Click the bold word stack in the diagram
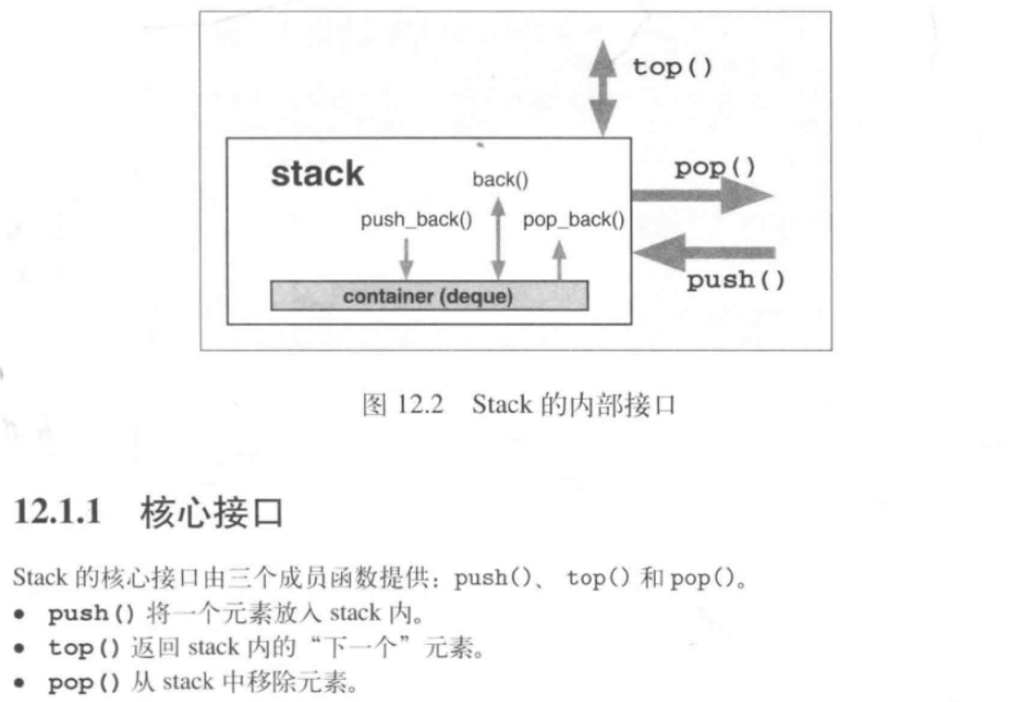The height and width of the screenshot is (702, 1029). [x=317, y=174]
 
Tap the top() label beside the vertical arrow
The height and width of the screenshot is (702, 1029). [x=672, y=68]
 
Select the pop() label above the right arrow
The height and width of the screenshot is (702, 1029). [x=715, y=168]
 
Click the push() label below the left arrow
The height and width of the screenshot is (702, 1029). [x=736, y=281]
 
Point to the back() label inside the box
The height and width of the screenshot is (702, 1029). [x=500, y=180]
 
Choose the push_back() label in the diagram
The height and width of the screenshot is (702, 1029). [x=416, y=220]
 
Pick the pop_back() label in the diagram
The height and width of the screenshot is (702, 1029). [x=573, y=220]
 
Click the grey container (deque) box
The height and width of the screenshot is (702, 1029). [x=428, y=296]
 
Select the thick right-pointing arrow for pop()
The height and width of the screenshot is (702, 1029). [x=701, y=196]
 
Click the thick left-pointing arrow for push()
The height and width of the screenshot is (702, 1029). [x=704, y=253]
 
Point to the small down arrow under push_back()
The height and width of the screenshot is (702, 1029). [x=406, y=258]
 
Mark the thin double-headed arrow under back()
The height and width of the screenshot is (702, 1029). [x=498, y=238]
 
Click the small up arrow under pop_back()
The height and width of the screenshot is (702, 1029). [x=558, y=261]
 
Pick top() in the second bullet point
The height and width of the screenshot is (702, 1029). [x=84, y=648]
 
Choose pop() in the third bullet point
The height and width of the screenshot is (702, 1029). [x=84, y=683]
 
